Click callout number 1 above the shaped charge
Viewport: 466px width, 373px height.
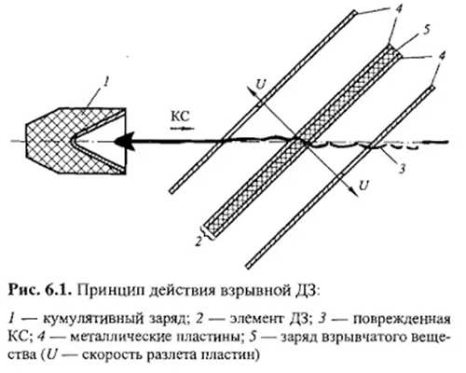pos(106,83)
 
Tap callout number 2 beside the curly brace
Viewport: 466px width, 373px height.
pos(198,242)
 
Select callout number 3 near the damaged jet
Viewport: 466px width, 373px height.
pos(402,170)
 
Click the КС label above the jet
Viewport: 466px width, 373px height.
pos(180,117)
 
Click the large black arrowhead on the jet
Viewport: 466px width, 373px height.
pos(124,142)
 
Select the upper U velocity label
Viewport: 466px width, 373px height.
pos(260,83)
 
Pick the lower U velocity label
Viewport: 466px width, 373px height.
pos(363,186)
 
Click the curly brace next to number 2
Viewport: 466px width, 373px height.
pos(207,231)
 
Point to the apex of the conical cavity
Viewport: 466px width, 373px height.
pos(73,141)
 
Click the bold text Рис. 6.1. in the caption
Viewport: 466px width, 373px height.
pos(40,291)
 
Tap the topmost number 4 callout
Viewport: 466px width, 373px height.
pos(400,8)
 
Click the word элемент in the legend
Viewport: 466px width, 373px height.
pos(255,320)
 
